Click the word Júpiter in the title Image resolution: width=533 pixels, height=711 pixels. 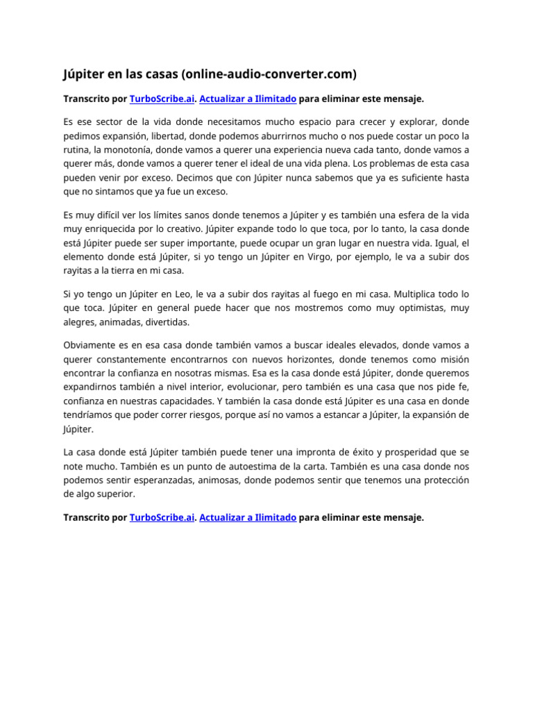point(85,73)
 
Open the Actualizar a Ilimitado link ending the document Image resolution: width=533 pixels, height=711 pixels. point(248,517)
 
